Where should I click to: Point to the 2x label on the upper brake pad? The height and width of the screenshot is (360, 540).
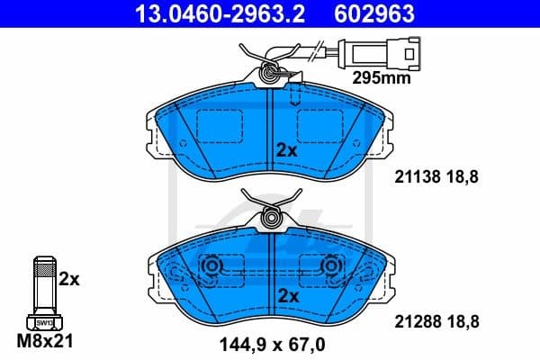click(x=286, y=151)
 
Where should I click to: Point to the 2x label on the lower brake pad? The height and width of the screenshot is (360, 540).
click(x=286, y=295)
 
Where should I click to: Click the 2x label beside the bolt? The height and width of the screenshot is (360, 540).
click(x=69, y=280)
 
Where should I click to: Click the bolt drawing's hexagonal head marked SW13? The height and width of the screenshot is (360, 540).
click(x=41, y=322)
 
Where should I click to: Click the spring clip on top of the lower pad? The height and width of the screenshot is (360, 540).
click(x=270, y=216)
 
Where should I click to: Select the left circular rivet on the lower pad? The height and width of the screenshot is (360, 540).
click(x=213, y=266)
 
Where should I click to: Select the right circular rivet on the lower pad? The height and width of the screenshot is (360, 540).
click(x=330, y=266)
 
